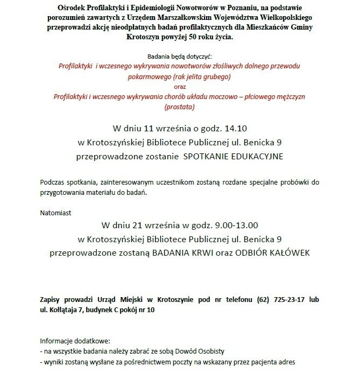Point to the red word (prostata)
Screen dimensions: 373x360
[x=179, y=107]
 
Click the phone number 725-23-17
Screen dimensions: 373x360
[x=293, y=299]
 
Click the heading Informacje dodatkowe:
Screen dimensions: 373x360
[x=75, y=341]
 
